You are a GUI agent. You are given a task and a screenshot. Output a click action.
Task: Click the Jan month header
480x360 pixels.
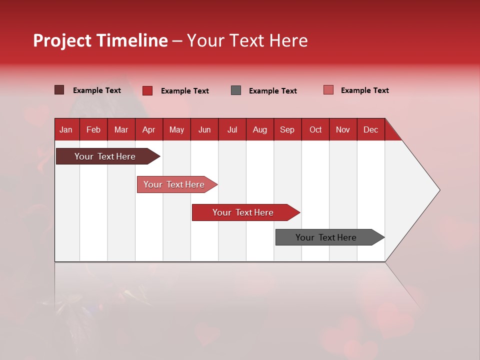[66, 129]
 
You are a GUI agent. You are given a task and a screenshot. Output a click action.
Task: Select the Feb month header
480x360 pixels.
[93, 129]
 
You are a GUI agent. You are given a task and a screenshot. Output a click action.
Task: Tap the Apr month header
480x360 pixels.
[148, 129]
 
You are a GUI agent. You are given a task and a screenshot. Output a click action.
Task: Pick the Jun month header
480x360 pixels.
[204, 129]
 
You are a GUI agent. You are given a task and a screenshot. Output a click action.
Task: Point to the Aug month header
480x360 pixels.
[259, 129]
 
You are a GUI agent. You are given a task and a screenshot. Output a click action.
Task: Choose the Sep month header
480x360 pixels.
[287, 129]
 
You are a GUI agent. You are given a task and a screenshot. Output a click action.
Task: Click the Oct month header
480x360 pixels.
[315, 129]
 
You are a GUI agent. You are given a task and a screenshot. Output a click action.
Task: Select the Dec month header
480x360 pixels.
[370, 129]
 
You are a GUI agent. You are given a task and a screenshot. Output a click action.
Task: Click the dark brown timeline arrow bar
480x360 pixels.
[105, 156]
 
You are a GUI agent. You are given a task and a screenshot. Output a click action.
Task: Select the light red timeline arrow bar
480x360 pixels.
[174, 184]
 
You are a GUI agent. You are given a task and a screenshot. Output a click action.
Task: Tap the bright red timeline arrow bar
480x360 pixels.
[243, 212]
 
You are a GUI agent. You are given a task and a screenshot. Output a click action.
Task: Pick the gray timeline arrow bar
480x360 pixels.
[326, 237]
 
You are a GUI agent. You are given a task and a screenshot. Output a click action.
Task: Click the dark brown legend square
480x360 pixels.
[59, 90]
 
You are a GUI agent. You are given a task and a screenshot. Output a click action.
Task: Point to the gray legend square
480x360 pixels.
[236, 90]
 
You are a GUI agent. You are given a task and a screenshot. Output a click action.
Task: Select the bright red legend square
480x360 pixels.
[147, 90]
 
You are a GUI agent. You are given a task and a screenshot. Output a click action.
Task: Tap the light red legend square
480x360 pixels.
[328, 90]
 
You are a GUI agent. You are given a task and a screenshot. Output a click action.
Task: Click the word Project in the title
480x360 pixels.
[62, 40]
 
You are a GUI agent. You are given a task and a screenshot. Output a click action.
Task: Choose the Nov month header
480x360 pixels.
[343, 129]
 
